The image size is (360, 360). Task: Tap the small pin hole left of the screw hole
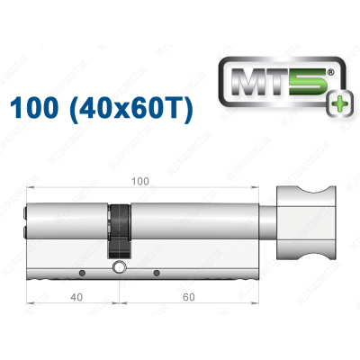(82, 273)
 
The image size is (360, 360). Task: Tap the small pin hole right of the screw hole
(157, 273)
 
